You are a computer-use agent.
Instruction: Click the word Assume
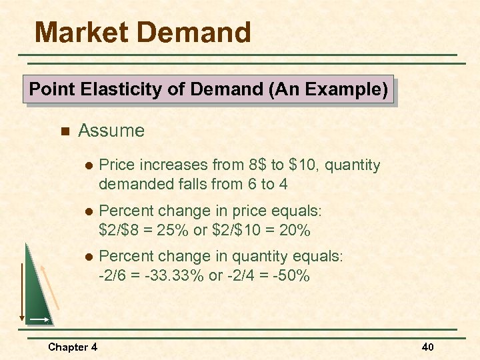pos(111,131)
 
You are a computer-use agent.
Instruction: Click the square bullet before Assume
pos(64,131)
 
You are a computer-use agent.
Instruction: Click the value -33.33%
pos(177,275)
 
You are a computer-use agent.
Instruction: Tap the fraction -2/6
pos(112,275)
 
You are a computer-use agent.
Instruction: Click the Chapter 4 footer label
pos(73,347)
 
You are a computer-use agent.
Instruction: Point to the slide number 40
pos(428,347)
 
